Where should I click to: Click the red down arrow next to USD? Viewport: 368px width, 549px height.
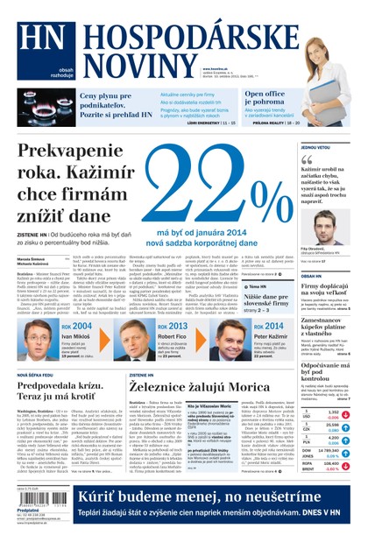tap(345, 416)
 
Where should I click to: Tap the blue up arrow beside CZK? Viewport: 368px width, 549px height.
tap(345, 428)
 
